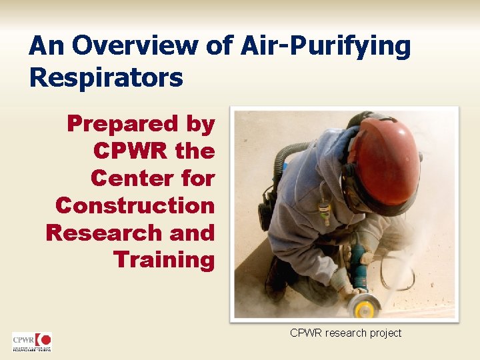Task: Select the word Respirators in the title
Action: (106, 77)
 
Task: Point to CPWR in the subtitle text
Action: (131, 151)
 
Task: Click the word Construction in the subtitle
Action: (135, 205)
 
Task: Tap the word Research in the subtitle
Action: (100, 232)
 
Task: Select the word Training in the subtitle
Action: (164, 259)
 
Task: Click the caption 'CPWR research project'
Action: (345, 333)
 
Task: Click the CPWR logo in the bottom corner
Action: (31, 341)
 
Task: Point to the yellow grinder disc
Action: (365, 308)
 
